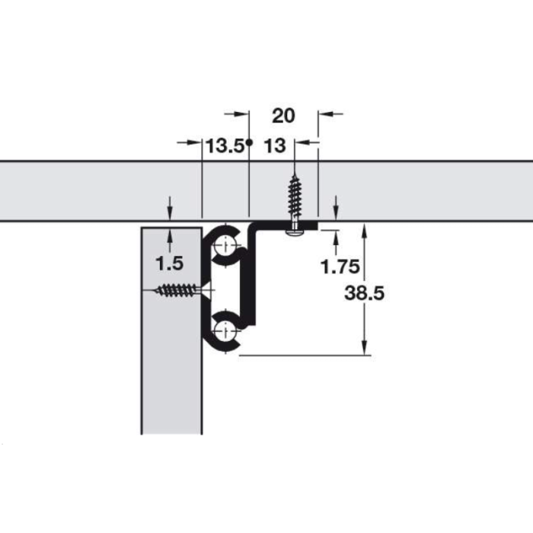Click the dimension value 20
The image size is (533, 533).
tap(283, 116)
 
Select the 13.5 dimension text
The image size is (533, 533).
tap(225, 146)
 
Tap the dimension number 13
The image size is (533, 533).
tap(275, 146)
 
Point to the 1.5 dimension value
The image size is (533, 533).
tap(169, 263)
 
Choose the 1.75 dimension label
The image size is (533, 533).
tap(340, 266)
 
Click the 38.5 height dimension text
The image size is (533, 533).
tap(364, 293)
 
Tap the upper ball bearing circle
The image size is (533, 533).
tap(226, 244)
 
